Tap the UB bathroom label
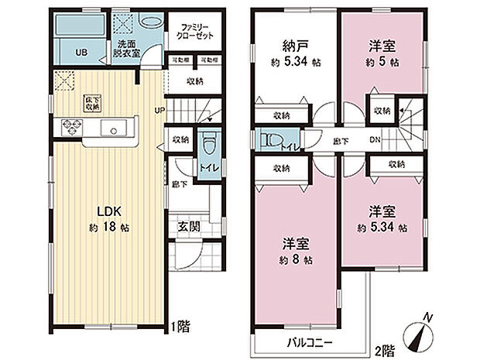(81, 53)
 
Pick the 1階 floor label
(183, 326)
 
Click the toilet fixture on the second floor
(266, 141)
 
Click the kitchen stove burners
(67, 126)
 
